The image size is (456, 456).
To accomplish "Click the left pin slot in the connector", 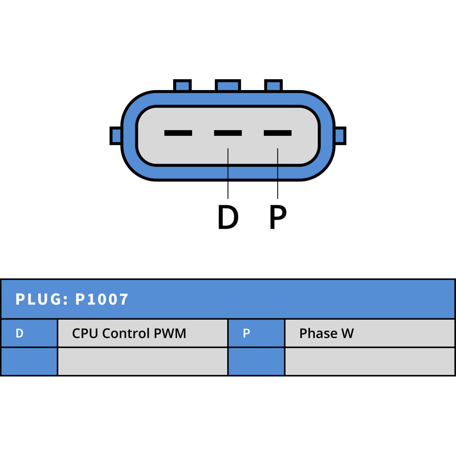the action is (178, 133).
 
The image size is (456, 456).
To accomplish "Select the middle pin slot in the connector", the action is (228, 133).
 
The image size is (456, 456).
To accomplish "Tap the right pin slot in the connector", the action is (278, 133).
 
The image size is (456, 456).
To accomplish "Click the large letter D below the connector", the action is (228, 217).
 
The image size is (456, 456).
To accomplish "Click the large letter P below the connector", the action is (278, 217).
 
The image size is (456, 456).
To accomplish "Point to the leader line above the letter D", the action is (228, 173).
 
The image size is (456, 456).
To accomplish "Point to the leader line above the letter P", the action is (278, 173).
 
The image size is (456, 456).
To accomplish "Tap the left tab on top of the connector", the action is (182, 85).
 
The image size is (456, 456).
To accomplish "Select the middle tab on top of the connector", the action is (228, 85).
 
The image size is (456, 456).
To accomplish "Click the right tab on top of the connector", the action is (274, 85).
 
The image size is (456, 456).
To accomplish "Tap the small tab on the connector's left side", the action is (116, 136).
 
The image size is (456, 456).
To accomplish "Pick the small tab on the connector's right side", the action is (340, 136).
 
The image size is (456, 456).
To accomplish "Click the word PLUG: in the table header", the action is (42, 299).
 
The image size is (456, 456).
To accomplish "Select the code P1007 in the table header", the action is (102, 299).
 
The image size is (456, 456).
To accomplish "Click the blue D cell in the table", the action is (29, 333).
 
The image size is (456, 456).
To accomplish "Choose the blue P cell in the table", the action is (256, 333).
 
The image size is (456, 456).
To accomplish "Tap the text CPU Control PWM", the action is (129, 333).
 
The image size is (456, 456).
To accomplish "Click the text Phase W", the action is (327, 333).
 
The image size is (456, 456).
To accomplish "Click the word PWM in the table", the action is (170, 333).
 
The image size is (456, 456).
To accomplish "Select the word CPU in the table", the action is (85, 333).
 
